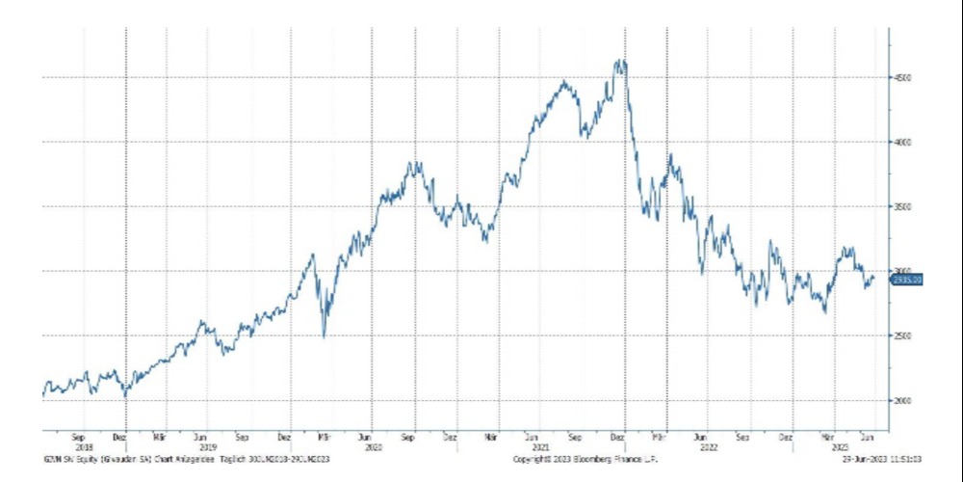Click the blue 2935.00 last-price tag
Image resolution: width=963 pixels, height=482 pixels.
pyautogui.click(x=906, y=279)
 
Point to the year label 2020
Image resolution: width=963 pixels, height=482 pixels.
pyautogui.click(x=371, y=447)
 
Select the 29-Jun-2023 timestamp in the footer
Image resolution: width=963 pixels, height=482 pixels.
pyautogui.click(x=881, y=459)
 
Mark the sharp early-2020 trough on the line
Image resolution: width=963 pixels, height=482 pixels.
pyautogui.click(x=324, y=336)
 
